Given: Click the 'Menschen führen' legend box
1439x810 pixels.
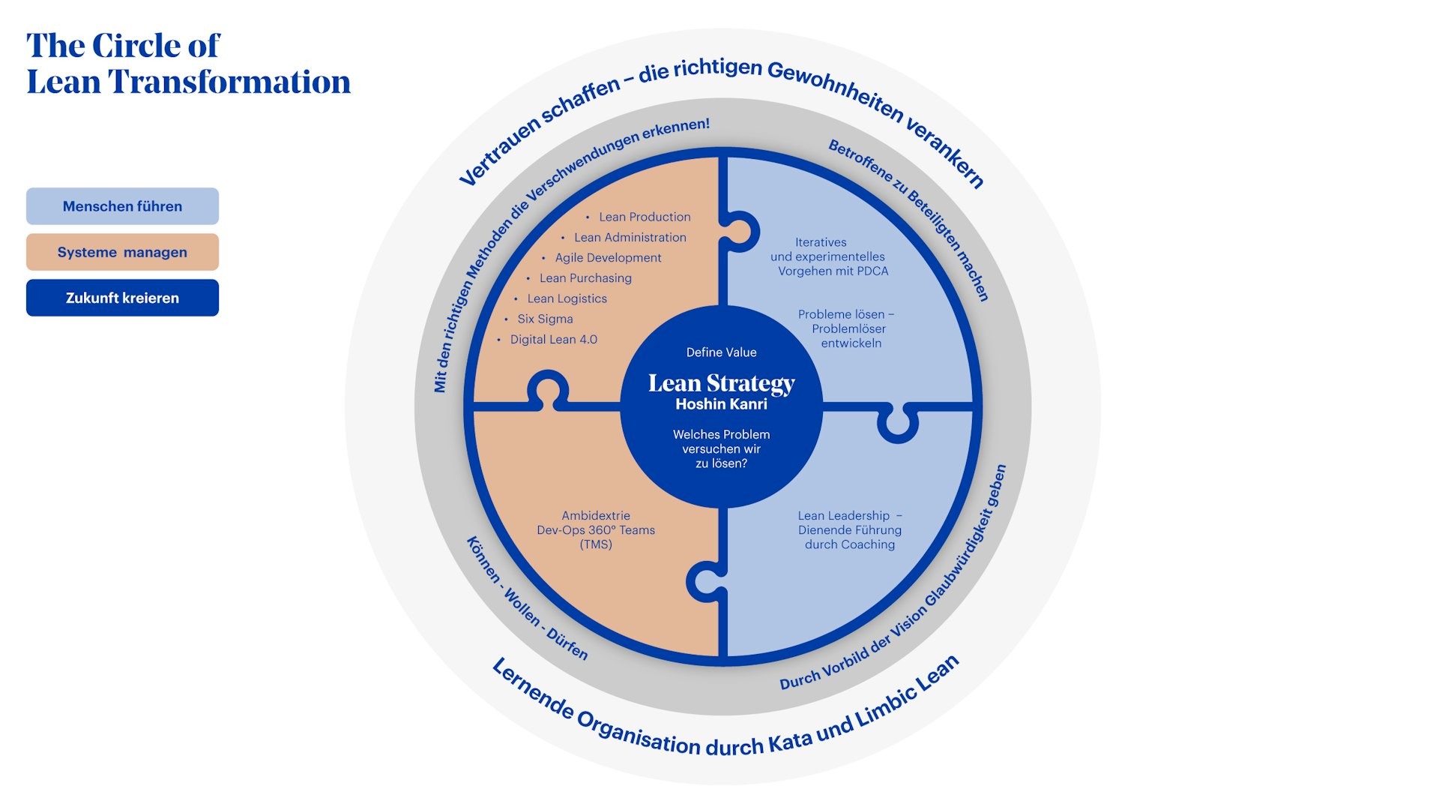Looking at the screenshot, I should coord(122,206).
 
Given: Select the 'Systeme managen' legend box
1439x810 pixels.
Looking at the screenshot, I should coord(122,252).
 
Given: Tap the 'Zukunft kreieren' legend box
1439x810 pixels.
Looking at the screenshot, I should coord(122,298).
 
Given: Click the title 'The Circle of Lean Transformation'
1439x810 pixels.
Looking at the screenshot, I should coord(187,64).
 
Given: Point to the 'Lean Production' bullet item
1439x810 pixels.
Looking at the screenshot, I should coord(644,217).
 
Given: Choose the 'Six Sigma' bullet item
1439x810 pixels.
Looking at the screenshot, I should coord(545,319).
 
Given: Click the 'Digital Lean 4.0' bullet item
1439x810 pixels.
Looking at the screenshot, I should coord(553,339).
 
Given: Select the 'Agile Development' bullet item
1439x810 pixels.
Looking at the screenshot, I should coord(608,257).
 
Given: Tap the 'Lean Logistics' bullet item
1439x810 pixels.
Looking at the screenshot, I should coord(567,298).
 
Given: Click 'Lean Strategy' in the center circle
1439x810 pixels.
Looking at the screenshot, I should coord(721,383).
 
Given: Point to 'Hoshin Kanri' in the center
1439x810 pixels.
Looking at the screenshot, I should coord(721,404).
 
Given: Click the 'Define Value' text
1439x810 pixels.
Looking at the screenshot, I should coord(721,352).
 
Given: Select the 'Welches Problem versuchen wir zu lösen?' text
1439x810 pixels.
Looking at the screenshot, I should coord(721,448).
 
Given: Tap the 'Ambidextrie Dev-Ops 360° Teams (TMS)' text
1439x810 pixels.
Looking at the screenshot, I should coord(596,529).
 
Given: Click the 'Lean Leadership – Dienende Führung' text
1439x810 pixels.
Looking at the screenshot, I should coord(849,529).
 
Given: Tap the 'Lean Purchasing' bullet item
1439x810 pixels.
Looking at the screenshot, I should coord(585,278).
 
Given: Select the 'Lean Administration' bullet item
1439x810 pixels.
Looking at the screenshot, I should coord(630,237).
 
